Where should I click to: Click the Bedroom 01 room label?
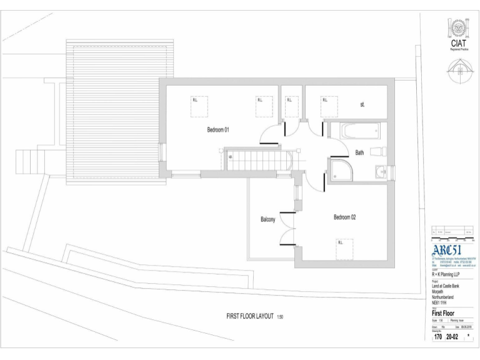click(x=218, y=130)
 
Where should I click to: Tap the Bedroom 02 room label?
click(x=344, y=217)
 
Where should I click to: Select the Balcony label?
click(x=267, y=219)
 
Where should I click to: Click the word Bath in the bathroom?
click(x=359, y=152)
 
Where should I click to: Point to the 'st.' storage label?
click(x=362, y=105)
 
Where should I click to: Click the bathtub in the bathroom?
click(x=354, y=130)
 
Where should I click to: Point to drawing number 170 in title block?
click(x=439, y=337)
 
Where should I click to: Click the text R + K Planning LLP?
click(x=446, y=274)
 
